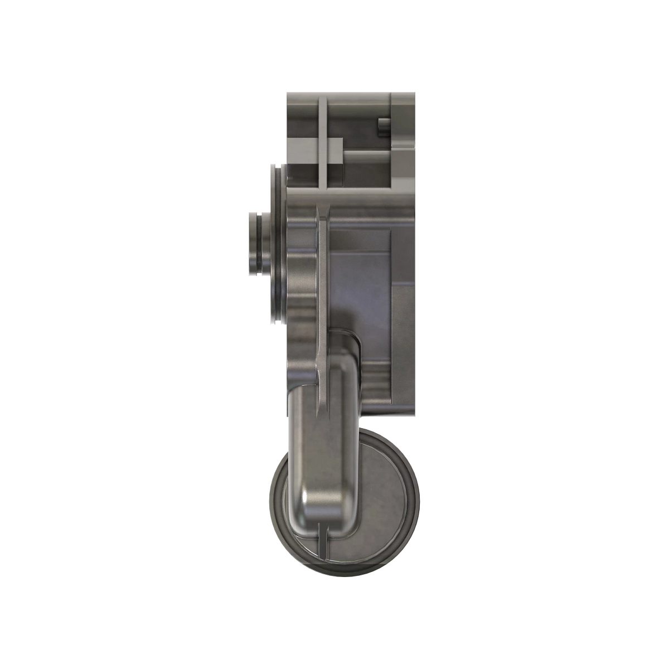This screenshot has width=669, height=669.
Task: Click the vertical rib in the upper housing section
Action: [322, 139]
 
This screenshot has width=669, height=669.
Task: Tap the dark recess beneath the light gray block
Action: [334, 176]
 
